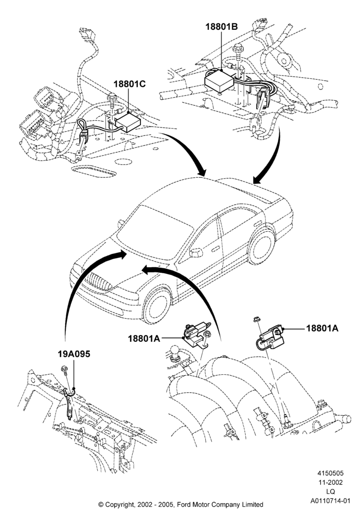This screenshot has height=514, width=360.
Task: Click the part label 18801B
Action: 221,27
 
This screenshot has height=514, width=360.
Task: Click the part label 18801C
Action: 130,84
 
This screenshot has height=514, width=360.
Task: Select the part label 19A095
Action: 74,354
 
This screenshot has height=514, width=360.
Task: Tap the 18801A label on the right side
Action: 322,328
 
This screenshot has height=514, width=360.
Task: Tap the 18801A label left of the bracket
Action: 143,339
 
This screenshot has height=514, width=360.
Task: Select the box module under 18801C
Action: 128,122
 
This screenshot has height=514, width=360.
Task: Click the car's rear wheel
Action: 261,246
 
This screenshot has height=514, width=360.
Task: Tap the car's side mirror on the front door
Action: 196,253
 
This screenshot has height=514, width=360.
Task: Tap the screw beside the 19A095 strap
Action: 65,370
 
